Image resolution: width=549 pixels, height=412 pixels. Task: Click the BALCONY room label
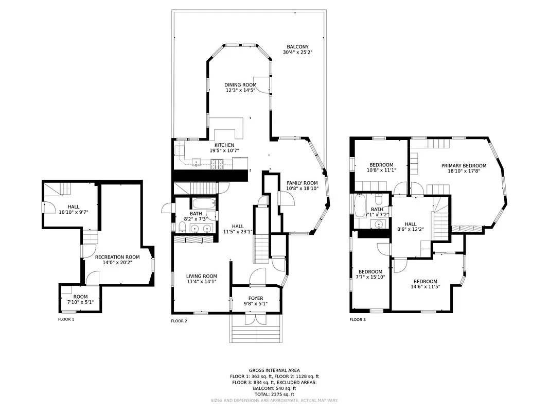pos(297,47)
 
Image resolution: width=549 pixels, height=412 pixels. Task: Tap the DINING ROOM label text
pos(240,85)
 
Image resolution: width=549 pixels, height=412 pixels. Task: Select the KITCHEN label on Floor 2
pos(224,145)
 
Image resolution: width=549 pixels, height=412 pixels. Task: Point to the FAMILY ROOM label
pos(302,183)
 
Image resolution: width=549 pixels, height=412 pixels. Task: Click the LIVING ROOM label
pos(201,276)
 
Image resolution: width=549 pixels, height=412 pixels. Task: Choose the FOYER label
pos(256,298)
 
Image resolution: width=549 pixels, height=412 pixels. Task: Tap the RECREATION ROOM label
pos(117,257)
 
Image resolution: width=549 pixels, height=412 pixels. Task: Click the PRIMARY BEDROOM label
pos(464,165)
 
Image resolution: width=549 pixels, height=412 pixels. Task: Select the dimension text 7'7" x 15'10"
pos(370,278)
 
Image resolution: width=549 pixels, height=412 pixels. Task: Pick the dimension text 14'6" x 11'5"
pos(426,287)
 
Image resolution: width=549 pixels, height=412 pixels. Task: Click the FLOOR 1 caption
pos(66,319)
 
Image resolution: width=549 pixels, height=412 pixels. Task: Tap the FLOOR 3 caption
pos(358,319)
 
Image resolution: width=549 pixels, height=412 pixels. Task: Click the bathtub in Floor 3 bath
pos(360,204)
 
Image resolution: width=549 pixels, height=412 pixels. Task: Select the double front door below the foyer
pos(256,319)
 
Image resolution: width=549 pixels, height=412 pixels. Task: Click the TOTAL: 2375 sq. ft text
pos(274,394)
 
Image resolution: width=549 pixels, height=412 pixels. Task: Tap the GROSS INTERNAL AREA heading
pos(274,370)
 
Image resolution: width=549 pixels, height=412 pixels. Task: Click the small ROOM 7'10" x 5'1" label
pos(80,297)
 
